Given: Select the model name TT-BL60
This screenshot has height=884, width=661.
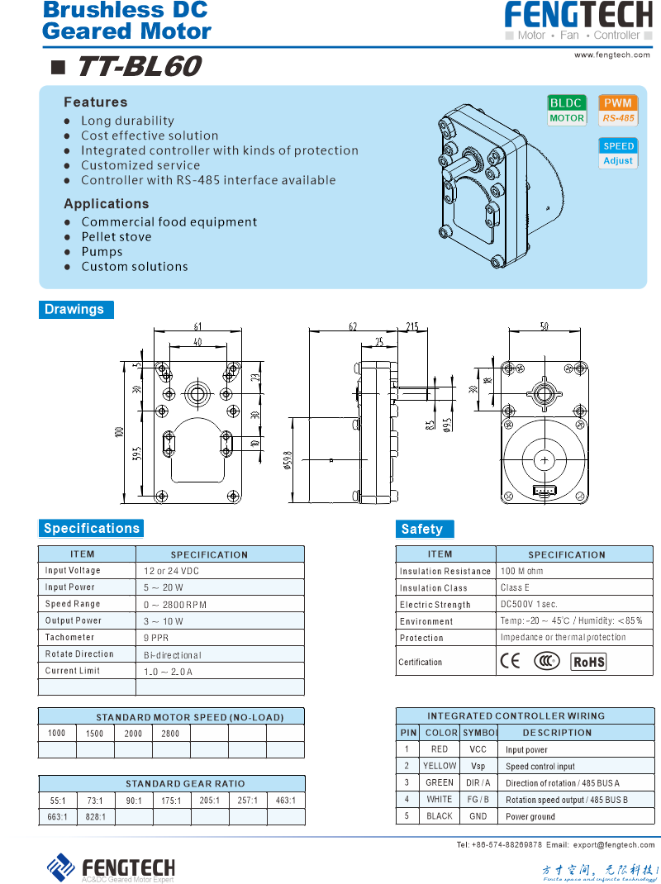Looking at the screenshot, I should click(138, 67).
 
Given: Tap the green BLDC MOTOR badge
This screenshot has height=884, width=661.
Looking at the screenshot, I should click(567, 110).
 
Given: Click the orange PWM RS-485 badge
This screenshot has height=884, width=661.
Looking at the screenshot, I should click(618, 110).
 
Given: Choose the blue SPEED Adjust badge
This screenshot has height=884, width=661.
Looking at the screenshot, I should click(618, 153).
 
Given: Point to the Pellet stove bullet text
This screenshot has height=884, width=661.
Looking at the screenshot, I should click(116, 237).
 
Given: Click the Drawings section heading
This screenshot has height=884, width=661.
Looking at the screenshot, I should click(74, 310).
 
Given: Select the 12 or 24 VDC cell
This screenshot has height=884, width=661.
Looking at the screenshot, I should click(171, 571).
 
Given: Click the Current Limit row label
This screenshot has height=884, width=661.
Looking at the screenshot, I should click(73, 671).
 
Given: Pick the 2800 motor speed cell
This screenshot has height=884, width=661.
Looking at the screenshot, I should click(170, 734).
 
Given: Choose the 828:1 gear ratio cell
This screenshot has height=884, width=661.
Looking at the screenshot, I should click(95, 817).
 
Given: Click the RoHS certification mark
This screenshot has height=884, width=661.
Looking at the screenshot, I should click(589, 662).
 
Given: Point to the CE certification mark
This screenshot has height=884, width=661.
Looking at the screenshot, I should click(511, 661).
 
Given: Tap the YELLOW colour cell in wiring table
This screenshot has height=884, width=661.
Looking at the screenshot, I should click(440, 766).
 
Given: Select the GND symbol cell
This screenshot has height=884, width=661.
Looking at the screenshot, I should click(478, 816).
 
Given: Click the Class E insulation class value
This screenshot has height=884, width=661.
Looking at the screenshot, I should click(515, 587).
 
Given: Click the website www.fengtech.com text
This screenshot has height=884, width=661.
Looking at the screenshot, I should click(612, 55).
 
